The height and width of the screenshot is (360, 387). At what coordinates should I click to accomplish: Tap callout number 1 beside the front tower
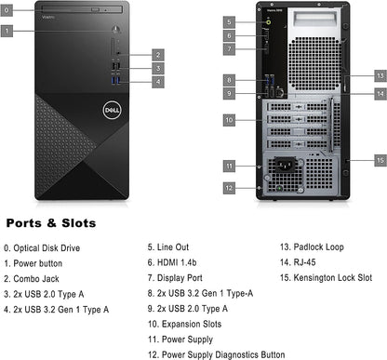[8, 31]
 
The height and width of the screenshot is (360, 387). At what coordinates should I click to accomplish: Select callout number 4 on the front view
[159, 82]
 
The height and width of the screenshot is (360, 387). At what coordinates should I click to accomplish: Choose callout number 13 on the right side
[379, 74]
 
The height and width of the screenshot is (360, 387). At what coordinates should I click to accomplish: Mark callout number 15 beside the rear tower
[379, 160]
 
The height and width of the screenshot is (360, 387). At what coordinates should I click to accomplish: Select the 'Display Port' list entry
[177, 277]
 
